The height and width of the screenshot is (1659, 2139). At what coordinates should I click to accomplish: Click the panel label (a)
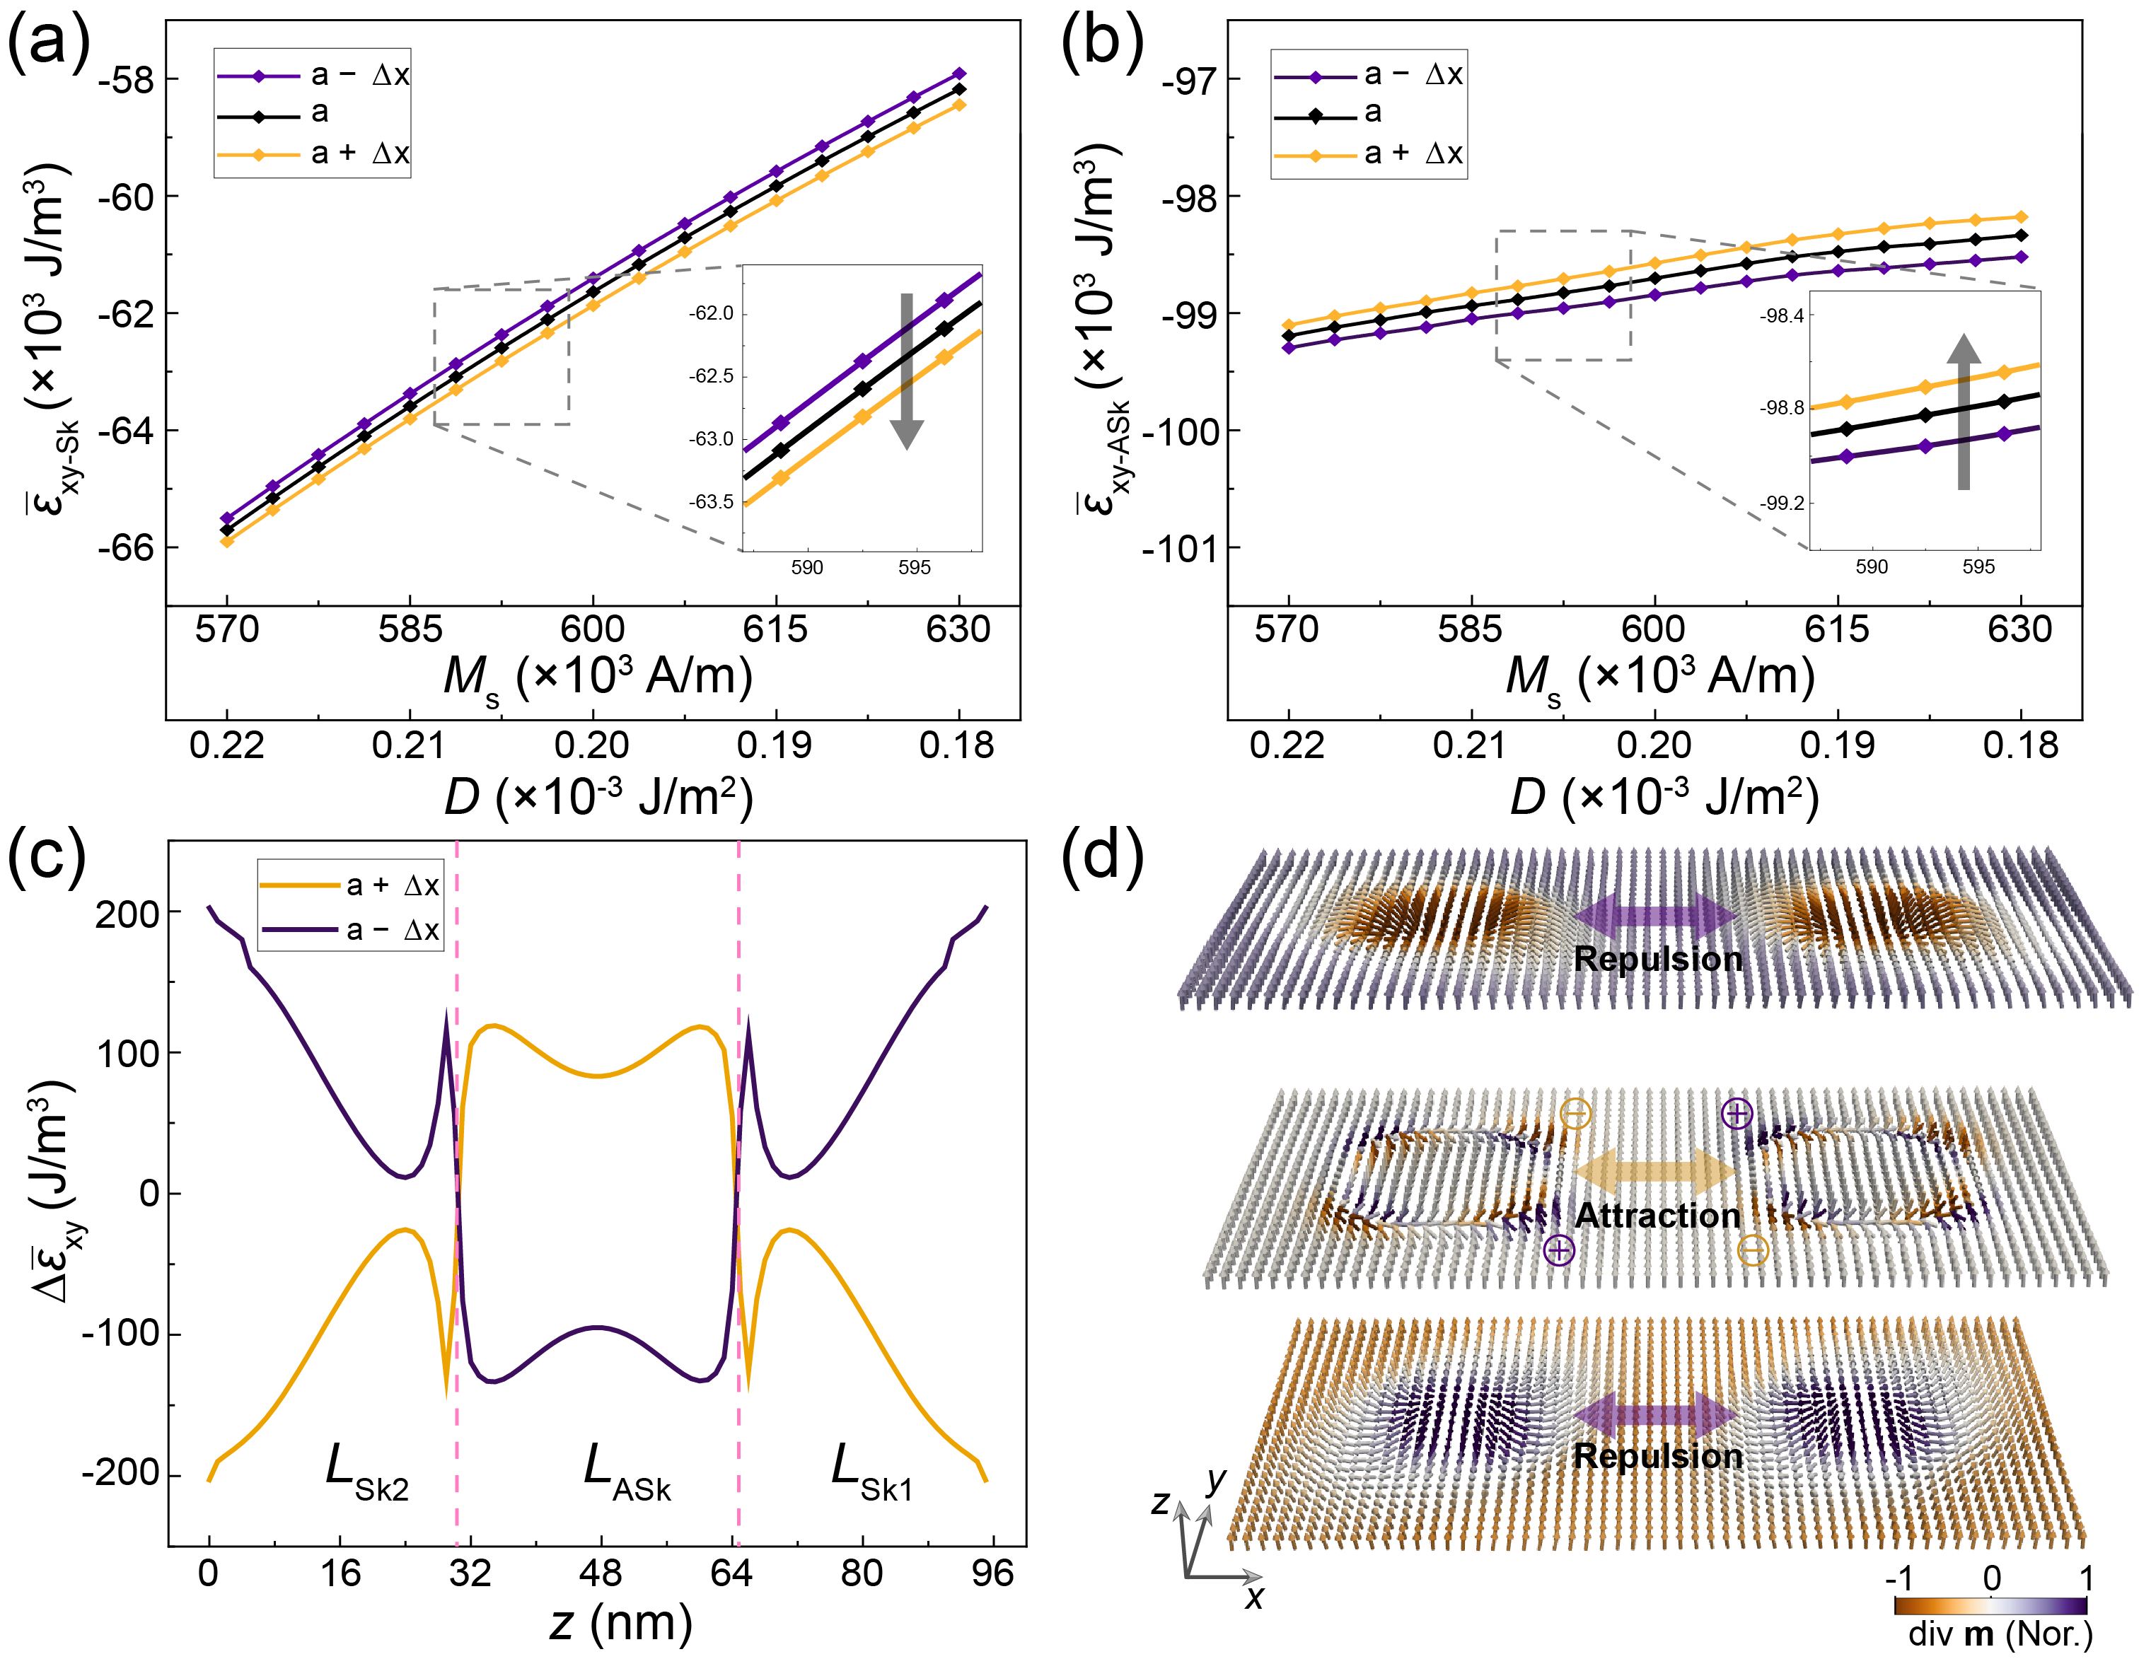[x=49, y=44]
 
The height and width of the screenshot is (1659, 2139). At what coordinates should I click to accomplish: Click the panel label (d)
[x=1103, y=857]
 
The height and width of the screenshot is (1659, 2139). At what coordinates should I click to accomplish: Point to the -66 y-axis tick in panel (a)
[x=127, y=547]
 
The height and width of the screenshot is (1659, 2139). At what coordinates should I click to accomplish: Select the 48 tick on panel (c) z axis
[x=601, y=1574]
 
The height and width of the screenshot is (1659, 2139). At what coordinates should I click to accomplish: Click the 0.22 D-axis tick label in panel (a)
[x=227, y=746]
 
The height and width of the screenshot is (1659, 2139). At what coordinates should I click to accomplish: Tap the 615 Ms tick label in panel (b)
[x=1838, y=629]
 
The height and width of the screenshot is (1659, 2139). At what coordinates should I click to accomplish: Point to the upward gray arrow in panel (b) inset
[x=1964, y=412]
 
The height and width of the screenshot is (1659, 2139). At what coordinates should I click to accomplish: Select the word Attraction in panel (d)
[x=1658, y=1216]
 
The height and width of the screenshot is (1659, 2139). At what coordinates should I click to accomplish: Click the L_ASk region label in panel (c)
[x=627, y=1472]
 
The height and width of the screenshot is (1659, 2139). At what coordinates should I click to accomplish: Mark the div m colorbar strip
[x=1990, y=1605]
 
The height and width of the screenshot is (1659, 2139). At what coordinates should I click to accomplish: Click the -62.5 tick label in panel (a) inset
[x=710, y=376]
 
